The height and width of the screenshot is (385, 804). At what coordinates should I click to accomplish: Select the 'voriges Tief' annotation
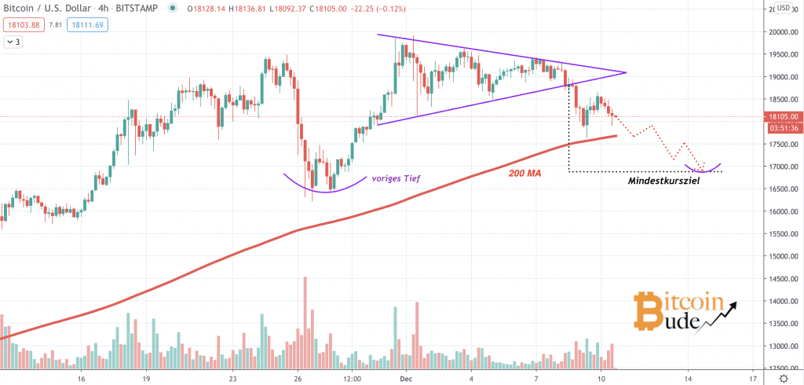397,179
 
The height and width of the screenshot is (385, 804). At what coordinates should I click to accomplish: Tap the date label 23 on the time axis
233,378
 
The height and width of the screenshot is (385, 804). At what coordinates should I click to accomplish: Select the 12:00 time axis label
353,378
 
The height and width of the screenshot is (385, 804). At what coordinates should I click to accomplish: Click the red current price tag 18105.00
784,117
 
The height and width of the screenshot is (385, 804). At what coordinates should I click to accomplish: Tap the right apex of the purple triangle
626,73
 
